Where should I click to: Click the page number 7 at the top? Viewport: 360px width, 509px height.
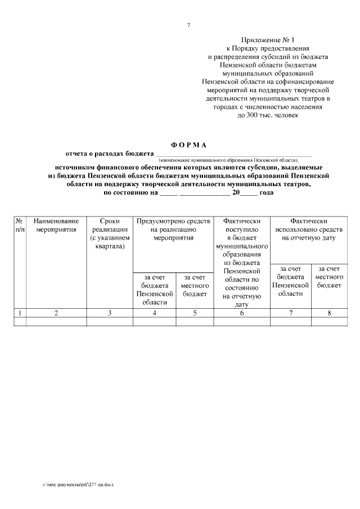188,25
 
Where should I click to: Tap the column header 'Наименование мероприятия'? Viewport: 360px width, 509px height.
56,226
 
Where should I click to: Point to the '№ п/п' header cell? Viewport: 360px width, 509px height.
20,226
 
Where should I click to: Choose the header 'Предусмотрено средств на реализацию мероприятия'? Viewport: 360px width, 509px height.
173,229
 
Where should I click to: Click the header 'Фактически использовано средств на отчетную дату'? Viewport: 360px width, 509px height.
308,229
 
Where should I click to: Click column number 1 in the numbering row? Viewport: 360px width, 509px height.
20,313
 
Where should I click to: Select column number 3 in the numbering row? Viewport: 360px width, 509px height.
109,313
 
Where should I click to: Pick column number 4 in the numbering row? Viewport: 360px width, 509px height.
154,313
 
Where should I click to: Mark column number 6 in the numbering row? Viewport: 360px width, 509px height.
242,313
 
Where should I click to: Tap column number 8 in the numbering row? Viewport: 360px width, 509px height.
329,313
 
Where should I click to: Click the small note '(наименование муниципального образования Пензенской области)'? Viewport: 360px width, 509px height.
233,160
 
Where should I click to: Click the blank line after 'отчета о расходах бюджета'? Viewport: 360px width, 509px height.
233,154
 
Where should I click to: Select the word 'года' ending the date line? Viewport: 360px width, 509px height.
267,192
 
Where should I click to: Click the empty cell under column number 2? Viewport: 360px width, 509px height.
56,322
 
